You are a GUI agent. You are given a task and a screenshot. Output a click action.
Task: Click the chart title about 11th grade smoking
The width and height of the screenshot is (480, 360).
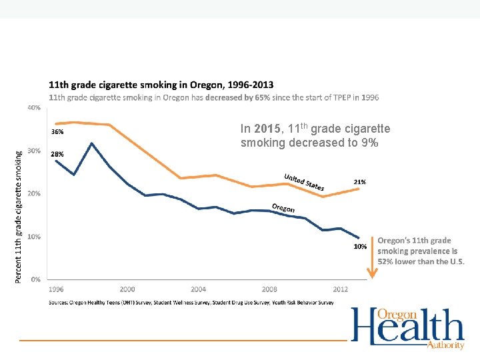(x=161, y=85)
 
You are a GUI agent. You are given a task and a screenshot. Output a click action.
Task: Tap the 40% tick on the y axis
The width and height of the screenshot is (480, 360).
(x=34, y=107)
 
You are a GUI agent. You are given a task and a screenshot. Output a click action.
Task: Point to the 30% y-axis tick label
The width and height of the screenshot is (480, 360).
(x=34, y=151)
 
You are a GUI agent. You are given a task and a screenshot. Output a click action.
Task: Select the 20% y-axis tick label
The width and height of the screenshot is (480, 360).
(x=34, y=193)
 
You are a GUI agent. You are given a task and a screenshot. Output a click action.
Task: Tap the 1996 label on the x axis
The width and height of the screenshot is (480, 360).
(x=57, y=289)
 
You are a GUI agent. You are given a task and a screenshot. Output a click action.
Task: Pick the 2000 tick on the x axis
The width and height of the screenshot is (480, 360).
(x=127, y=289)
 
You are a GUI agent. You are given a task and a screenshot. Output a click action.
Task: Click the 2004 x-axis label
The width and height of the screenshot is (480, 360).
(x=198, y=289)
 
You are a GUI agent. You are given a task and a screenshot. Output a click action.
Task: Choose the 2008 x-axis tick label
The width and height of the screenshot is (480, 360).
(x=269, y=289)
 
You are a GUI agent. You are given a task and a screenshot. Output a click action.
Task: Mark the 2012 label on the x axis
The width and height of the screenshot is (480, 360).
(x=340, y=289)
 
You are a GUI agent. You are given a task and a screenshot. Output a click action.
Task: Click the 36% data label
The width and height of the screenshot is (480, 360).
(x=58, y=131)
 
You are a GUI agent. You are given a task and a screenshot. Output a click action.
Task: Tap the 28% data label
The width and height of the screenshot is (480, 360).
(x=58, y=154)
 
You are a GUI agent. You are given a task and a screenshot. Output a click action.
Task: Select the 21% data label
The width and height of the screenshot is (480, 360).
(x=359, y=181)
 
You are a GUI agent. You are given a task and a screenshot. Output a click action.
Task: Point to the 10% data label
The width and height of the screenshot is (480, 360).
(x=359, y=246)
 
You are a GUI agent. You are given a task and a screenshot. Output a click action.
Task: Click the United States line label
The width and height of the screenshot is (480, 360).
(x=304, y=182)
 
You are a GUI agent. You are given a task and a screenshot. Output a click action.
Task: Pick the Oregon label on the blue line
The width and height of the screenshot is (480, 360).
(x=283, y=207)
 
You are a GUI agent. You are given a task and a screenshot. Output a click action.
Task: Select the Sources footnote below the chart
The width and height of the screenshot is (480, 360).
(x=191, y=303)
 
